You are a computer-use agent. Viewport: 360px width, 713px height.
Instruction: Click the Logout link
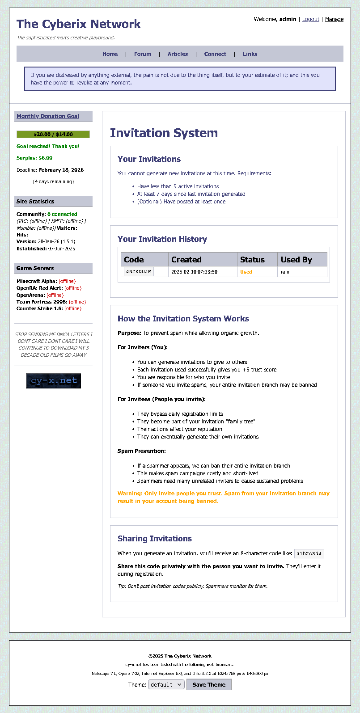(x=310, y=19)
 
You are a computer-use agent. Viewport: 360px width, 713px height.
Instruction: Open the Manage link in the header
(x=334, y=19)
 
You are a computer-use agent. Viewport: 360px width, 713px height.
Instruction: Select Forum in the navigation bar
(x=143, y=54)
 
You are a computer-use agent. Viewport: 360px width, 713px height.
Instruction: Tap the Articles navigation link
(x=178, y=54)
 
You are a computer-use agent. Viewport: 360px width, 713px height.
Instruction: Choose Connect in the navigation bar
(x=215, y=54)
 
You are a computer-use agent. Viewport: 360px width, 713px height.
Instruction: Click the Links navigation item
(x=250, y=54)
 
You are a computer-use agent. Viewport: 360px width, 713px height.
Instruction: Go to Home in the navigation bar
(x=110, y=54)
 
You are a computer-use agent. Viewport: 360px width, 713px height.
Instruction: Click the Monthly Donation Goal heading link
(x=48, y=116)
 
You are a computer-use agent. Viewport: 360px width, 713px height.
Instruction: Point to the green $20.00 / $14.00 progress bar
(x=53, y=134)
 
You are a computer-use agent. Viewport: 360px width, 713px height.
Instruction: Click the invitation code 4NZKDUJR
(x=139, y=272)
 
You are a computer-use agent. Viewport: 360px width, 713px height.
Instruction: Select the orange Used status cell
(x=246, y=272)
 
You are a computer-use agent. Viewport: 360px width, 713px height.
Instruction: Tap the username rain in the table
(x=285, y=272)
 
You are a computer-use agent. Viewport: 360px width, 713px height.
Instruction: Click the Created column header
(x=186, y=260)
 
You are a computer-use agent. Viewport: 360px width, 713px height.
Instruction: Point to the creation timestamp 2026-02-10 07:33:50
(x=194, y=272)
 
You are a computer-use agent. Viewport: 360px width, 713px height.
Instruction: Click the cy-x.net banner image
(x=53, y=381)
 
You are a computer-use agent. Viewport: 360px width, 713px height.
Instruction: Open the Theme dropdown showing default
(x=166, y=684)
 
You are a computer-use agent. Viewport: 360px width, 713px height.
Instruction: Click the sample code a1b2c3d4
(x=309, y=554)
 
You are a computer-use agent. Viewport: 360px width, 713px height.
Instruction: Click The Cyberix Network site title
(x=79, y=24)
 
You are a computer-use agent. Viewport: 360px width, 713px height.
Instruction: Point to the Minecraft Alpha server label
(x=37, y=281)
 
